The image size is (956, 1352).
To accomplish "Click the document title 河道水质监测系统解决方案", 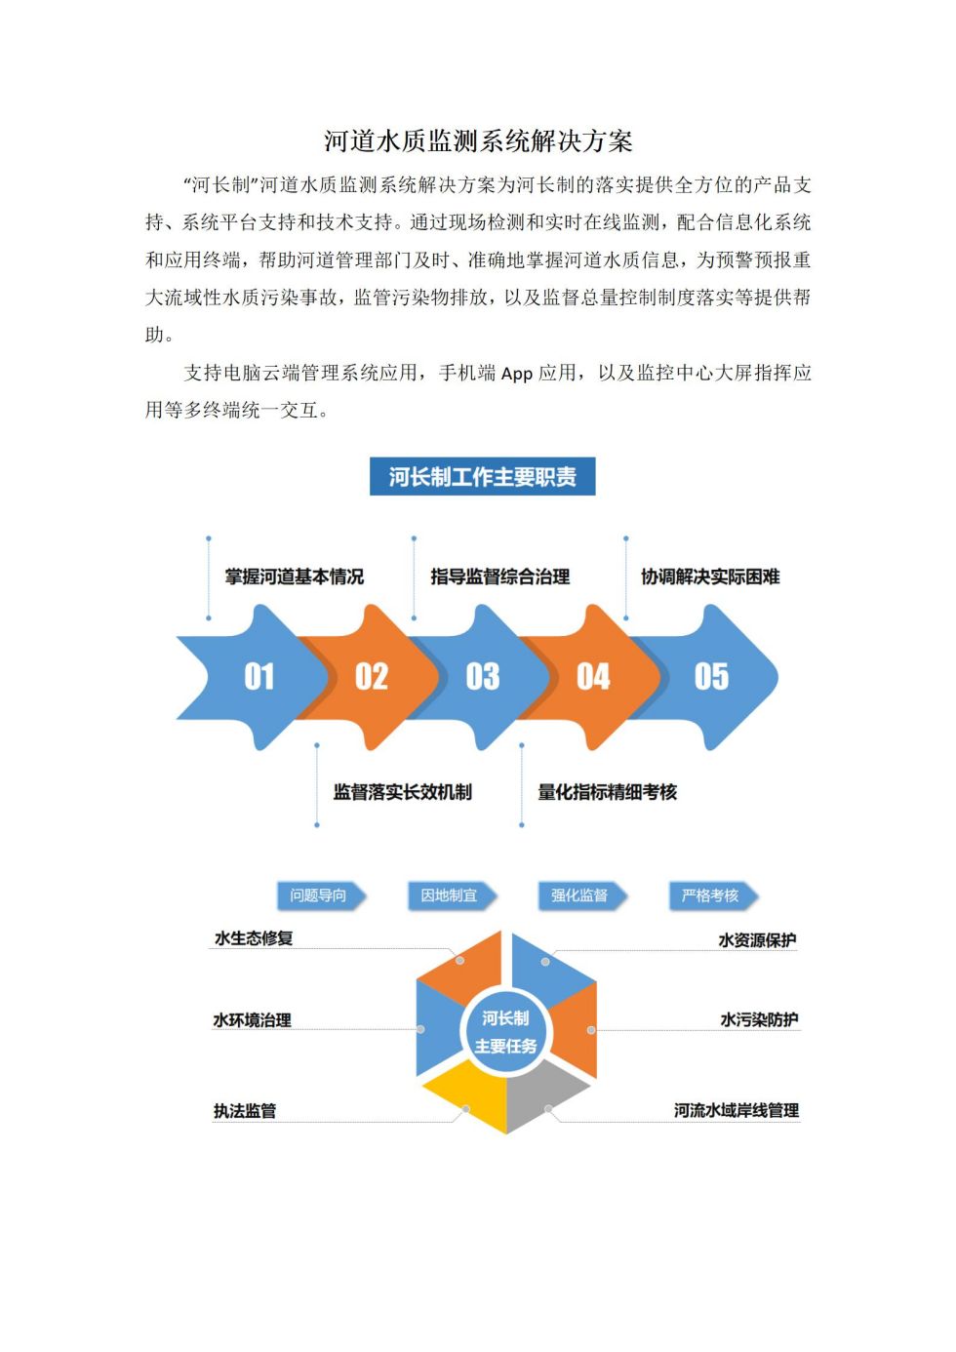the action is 477,141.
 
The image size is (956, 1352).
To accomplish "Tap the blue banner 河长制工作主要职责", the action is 482,477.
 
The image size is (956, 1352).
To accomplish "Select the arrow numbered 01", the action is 254,677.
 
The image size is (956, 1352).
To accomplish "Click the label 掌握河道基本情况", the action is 295,577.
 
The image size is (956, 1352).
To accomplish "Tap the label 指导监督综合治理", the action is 500,577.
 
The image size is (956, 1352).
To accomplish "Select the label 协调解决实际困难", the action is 710,577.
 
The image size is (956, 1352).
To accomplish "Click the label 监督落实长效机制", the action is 403,791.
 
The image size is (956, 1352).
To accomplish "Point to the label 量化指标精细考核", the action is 607,791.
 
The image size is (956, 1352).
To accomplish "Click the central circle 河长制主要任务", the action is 505,1031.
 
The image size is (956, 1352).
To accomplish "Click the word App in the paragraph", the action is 517,375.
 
